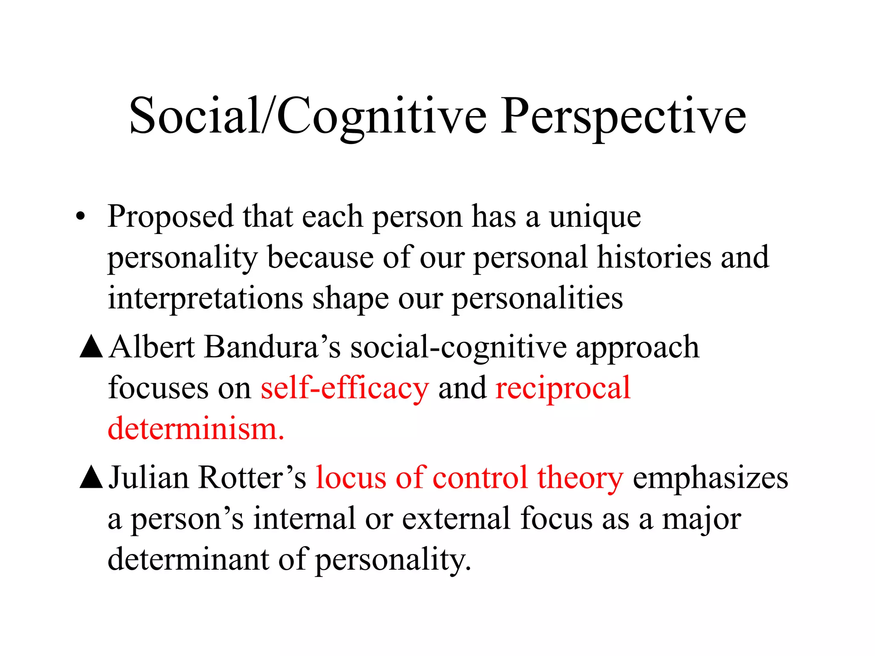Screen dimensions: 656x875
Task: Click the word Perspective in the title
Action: tap(624, 116)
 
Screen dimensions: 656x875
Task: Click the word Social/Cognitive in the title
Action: tap(308, 116)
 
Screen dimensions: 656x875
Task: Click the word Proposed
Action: tap(170, 217)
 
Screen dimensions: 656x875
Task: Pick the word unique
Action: tap(595, 217)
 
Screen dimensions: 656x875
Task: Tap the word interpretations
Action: tap(205, 298)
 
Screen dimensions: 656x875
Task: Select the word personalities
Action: tap(537, 298)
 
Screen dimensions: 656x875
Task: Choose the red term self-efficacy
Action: tap(344, 388)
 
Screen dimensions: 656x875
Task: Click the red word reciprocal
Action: tap(563, 388)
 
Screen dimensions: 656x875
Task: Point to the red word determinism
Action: tap(195, 428)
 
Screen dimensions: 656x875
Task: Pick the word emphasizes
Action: tap(710, 478)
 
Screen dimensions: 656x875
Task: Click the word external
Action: tap(456, 518)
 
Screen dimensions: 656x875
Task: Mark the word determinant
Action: tap(188, 559)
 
